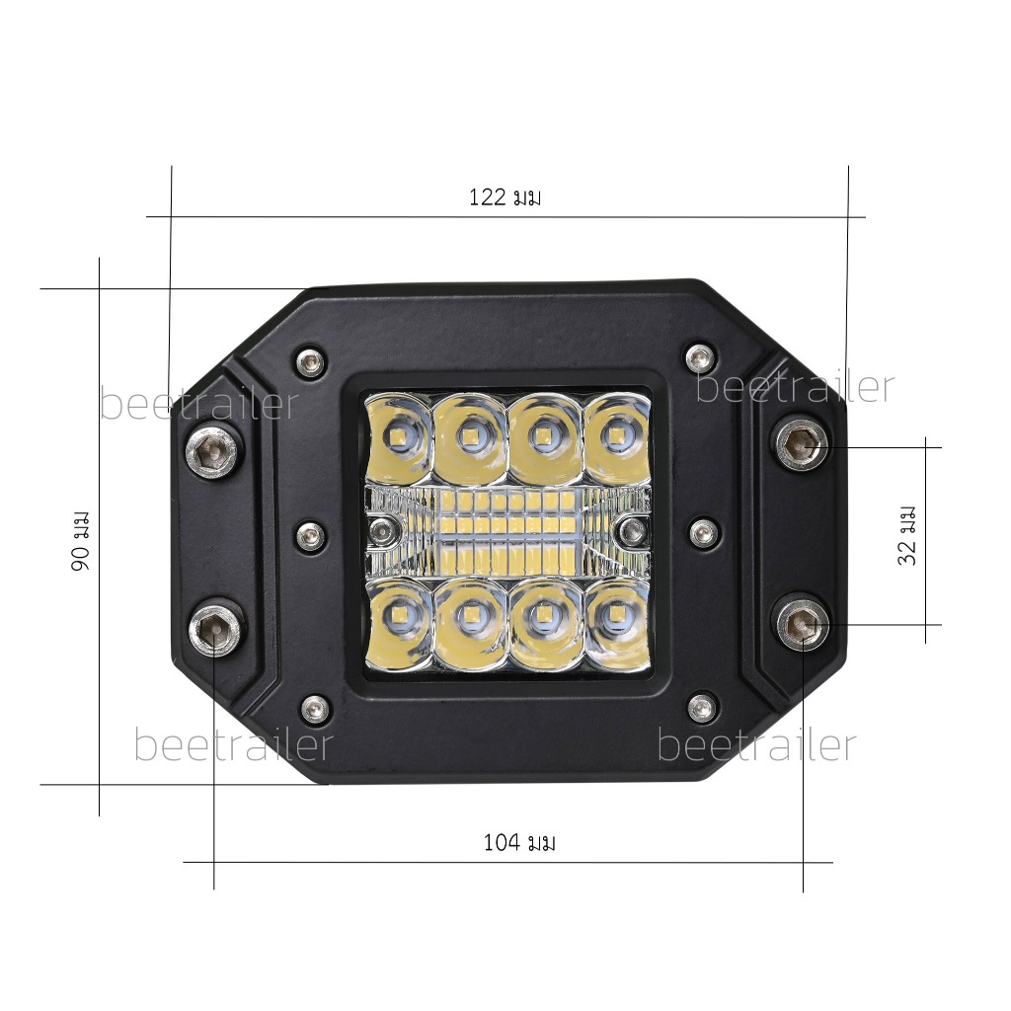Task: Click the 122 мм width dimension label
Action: click(505, 196)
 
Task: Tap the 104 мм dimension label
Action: click(519, 842)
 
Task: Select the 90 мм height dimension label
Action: click(81, 540)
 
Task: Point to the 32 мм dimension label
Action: click(906, 535)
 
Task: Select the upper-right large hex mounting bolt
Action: click(802, 443)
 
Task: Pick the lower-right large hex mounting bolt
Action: click(803, 624)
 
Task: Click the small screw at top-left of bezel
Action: click(311, 361)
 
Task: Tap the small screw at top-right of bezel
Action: click(700, 355)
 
